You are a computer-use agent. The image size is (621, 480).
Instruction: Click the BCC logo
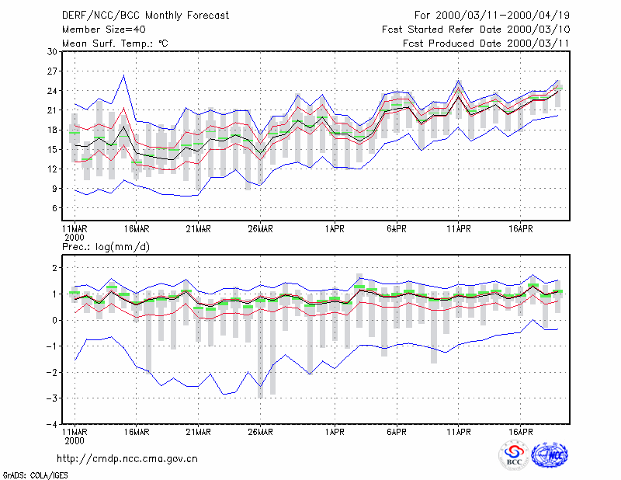pyautogui.click(x=514, y=456)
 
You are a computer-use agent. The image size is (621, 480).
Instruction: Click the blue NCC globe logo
pyautogui.click(x=550, y=455)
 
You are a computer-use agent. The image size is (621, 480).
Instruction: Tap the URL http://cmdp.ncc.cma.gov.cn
pyautogui.click(x=127, y=459)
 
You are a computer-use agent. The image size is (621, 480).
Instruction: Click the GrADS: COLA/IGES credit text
pyautogui.click(x=35, y=475)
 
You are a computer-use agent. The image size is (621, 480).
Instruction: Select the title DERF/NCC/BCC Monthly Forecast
pyautogui.click(x=145, y=16)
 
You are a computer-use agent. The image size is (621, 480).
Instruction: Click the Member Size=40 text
pyautogui.click(x=104, y=30)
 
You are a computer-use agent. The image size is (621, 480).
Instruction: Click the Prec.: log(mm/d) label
pyautogui.click(x=106, y=247)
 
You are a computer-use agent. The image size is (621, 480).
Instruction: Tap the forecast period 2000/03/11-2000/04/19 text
pyautogui.click(x=492, y=16)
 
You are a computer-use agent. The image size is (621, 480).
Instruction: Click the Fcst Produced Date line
pyautogui.click(x=486, y=43)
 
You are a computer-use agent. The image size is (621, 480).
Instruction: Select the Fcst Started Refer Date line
pyautogui.click(x=476, y=30)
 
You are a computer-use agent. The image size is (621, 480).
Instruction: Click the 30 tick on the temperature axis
pyautogui.click(x=53, y=52)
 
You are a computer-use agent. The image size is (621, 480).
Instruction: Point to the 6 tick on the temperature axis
pyautogui.click(x=55, y=208)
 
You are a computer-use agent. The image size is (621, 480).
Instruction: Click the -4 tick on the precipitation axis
pyautogui.click(x=52, y=425)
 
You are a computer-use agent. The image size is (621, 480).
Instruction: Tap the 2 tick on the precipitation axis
pyautogui.click(x=55, y=268)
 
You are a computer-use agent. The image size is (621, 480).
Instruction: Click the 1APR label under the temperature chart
pyautogui.click(x=335, y=229)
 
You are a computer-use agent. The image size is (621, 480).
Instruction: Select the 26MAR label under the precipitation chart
pyautogui.click(x=260, y=432)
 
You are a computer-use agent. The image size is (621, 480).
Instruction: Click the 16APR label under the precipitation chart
pyautogui.click(x=520, y=432)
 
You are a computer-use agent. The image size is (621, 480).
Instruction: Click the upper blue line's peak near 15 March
pyautogui.click(x=124, y=75)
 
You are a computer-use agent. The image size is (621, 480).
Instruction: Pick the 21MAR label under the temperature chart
pyautogui.click(x=198, y=229)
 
